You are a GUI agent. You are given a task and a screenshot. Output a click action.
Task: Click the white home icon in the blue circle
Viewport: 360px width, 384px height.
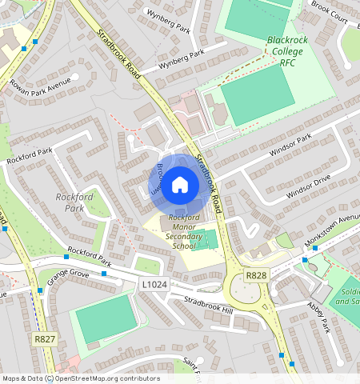point(180,185)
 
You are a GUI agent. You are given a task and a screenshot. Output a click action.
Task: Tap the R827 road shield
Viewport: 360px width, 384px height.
point(45,340)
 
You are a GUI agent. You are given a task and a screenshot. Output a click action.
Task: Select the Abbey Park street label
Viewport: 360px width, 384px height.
point(318,316)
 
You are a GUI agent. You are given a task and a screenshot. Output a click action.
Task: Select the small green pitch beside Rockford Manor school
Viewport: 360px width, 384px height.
point(206,238)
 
